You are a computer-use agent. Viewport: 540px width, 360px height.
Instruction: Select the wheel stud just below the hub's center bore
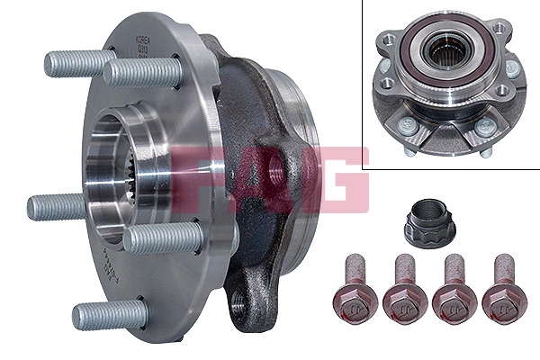162,237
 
